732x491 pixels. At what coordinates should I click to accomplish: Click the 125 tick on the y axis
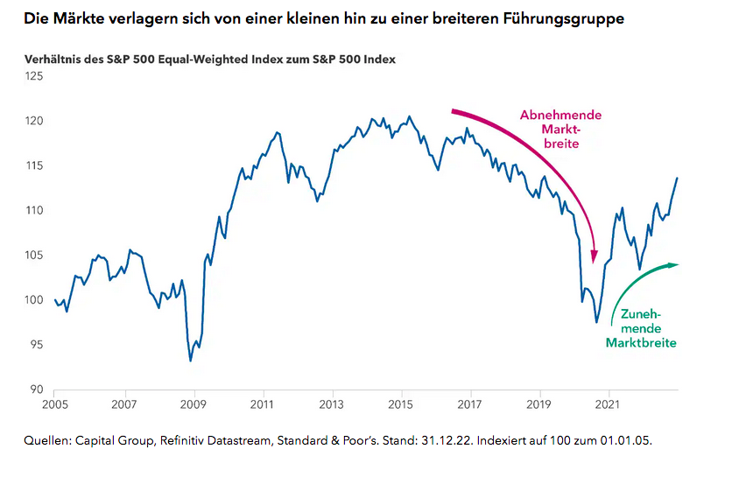(35, 76)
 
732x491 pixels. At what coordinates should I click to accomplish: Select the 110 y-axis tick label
(35, 210)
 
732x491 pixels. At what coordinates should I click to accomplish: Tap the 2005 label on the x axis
(54, 406)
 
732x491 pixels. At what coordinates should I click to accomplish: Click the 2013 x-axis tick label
(331, 406)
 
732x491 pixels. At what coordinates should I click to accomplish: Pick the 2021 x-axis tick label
(608, 406)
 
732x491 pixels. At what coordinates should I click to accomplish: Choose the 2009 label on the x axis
(193, 406)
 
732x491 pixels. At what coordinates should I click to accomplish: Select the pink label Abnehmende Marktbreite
(560, 129)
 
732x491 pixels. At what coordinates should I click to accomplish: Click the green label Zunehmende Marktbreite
(641, 328)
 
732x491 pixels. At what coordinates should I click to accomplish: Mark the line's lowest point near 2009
(191, 361)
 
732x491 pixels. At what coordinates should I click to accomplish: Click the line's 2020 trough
(596, 322)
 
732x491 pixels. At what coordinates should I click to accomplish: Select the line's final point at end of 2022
(677, 178)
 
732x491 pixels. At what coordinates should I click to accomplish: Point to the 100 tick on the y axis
(35, 300)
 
